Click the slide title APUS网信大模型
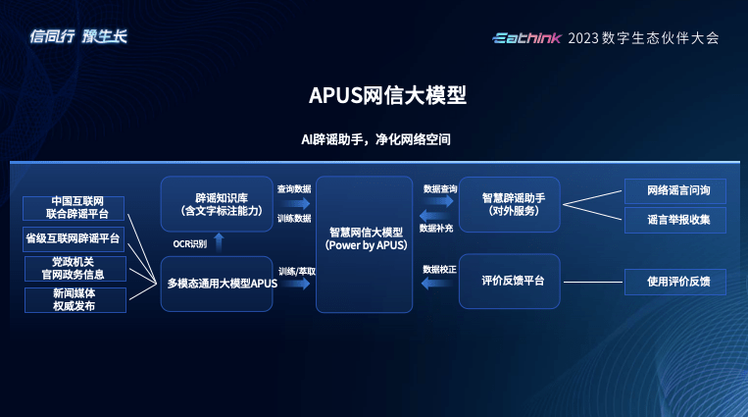374,95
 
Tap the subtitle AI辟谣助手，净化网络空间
374,140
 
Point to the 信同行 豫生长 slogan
78,37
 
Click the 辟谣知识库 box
216,203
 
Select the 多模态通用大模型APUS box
216,284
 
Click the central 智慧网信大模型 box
364,243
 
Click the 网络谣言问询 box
674,188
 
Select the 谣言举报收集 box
674,220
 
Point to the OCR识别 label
190,242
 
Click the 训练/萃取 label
294,270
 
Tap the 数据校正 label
439,268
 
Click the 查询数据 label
294,188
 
